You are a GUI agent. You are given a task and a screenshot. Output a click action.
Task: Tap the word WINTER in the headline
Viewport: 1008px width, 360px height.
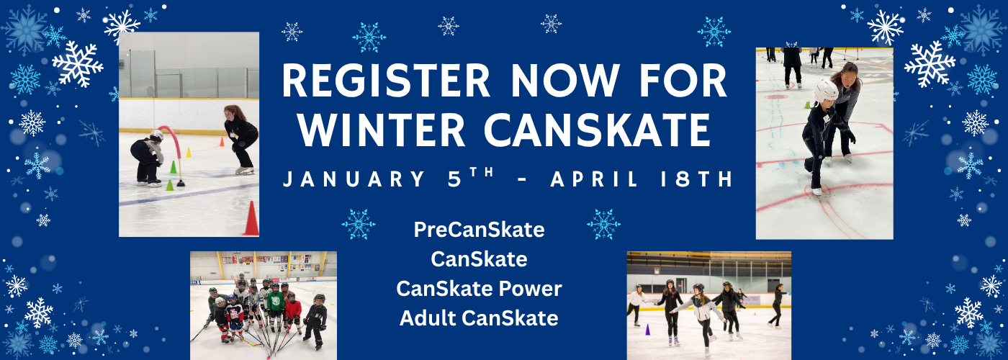(x=381, y=130)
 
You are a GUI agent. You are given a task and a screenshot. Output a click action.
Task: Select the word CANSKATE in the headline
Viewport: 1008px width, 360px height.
(x=597, y=130)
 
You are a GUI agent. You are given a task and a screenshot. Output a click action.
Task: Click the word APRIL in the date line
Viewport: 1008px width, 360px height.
(x=594, y=179)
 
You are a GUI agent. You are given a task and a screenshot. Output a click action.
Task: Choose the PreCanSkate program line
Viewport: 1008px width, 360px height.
(x=480, y=230)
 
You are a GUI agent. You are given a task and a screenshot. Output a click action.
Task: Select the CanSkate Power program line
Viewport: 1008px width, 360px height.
(x=480, y=289)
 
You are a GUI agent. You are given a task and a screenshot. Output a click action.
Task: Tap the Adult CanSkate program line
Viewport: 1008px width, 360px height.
(x=480, y=318)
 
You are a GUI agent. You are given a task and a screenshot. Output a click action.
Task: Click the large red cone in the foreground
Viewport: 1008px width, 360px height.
(x=251, y=219)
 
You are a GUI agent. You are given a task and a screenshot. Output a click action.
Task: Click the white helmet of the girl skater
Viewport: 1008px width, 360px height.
(x=825, y=90)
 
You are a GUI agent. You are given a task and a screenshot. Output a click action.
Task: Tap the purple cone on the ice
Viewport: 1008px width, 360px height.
(x=647, y=330)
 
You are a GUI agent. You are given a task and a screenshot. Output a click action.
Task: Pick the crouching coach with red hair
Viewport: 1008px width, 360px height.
(x=241, y=138)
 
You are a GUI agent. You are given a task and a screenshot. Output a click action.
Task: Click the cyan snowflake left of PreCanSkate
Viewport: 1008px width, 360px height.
(x=359, y=224)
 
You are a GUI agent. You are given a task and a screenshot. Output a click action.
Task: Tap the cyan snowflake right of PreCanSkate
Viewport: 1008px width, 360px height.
(x=604, y=224)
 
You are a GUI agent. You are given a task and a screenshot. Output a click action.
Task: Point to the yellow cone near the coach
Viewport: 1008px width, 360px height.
(x=189, y=153)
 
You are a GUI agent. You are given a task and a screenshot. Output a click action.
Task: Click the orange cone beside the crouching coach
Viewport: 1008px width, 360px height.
(x=222, y=142)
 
